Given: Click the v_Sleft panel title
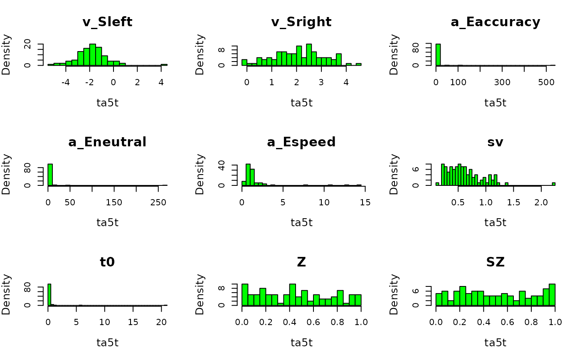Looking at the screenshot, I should click(x=107, y=22).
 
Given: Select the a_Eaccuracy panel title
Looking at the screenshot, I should click(x=495, y=22).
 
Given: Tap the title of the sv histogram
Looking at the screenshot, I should click(x=495, y=142).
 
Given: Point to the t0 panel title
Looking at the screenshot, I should click(x=107, y=262).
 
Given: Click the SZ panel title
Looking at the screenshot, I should click(x=495, y=262).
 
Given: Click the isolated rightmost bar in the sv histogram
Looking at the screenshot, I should click(x=554, y=184).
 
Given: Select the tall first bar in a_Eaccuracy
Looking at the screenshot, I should click(x=438, y=54).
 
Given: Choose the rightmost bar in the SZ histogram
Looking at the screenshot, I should click(x=552, y=295).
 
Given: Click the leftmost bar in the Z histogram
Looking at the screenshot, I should click(x=245, y=295).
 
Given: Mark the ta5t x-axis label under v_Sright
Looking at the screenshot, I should click(x=301, y=103).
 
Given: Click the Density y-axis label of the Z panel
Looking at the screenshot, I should click(x=200, y=294).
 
